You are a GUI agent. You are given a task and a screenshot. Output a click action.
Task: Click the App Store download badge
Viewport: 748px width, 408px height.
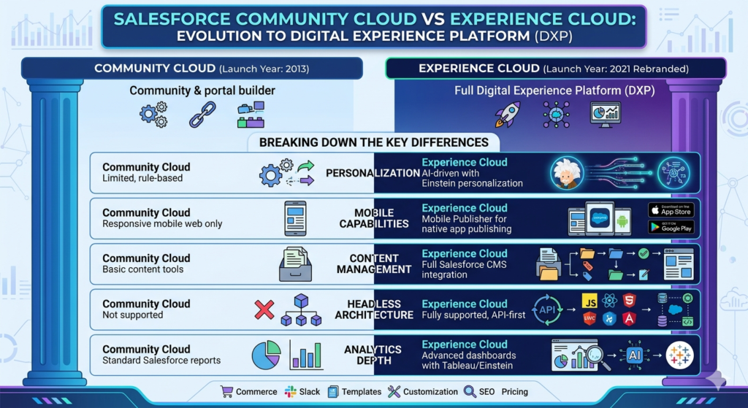pos(671,210)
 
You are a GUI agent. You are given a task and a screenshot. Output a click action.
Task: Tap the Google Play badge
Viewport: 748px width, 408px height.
pos(671,227)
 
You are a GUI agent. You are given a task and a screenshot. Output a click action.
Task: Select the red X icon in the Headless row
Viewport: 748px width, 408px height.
pos(264,309)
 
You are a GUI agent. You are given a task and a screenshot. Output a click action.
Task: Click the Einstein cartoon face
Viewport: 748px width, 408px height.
pos(565,173)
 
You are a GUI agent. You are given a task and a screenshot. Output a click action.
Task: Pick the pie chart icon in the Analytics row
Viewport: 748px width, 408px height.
pos(267,355)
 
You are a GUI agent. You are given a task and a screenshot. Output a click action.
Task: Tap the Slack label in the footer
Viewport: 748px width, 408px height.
pos(310,391)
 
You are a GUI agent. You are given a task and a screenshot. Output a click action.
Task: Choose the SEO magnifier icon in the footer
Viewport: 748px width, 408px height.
pos(470,391)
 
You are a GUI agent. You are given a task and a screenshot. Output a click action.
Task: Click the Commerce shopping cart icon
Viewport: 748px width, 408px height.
pos(226,391)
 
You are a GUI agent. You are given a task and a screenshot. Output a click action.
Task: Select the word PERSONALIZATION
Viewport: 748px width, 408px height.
pos(373,173)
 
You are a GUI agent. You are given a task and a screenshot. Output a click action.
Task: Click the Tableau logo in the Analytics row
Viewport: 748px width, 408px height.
pos(679,355)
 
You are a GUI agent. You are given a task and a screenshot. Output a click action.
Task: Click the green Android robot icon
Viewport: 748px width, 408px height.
pos(623,220)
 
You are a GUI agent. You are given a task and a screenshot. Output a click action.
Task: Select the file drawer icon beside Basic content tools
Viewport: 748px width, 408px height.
pos(295,264)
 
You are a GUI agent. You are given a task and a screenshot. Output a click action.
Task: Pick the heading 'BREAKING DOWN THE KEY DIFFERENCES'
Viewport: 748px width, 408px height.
pos(374,142)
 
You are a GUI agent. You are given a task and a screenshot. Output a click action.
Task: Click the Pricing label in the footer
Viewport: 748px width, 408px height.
pos(514,391)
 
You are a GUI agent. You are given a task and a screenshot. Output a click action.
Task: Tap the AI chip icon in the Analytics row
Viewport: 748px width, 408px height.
pos(634,355)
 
